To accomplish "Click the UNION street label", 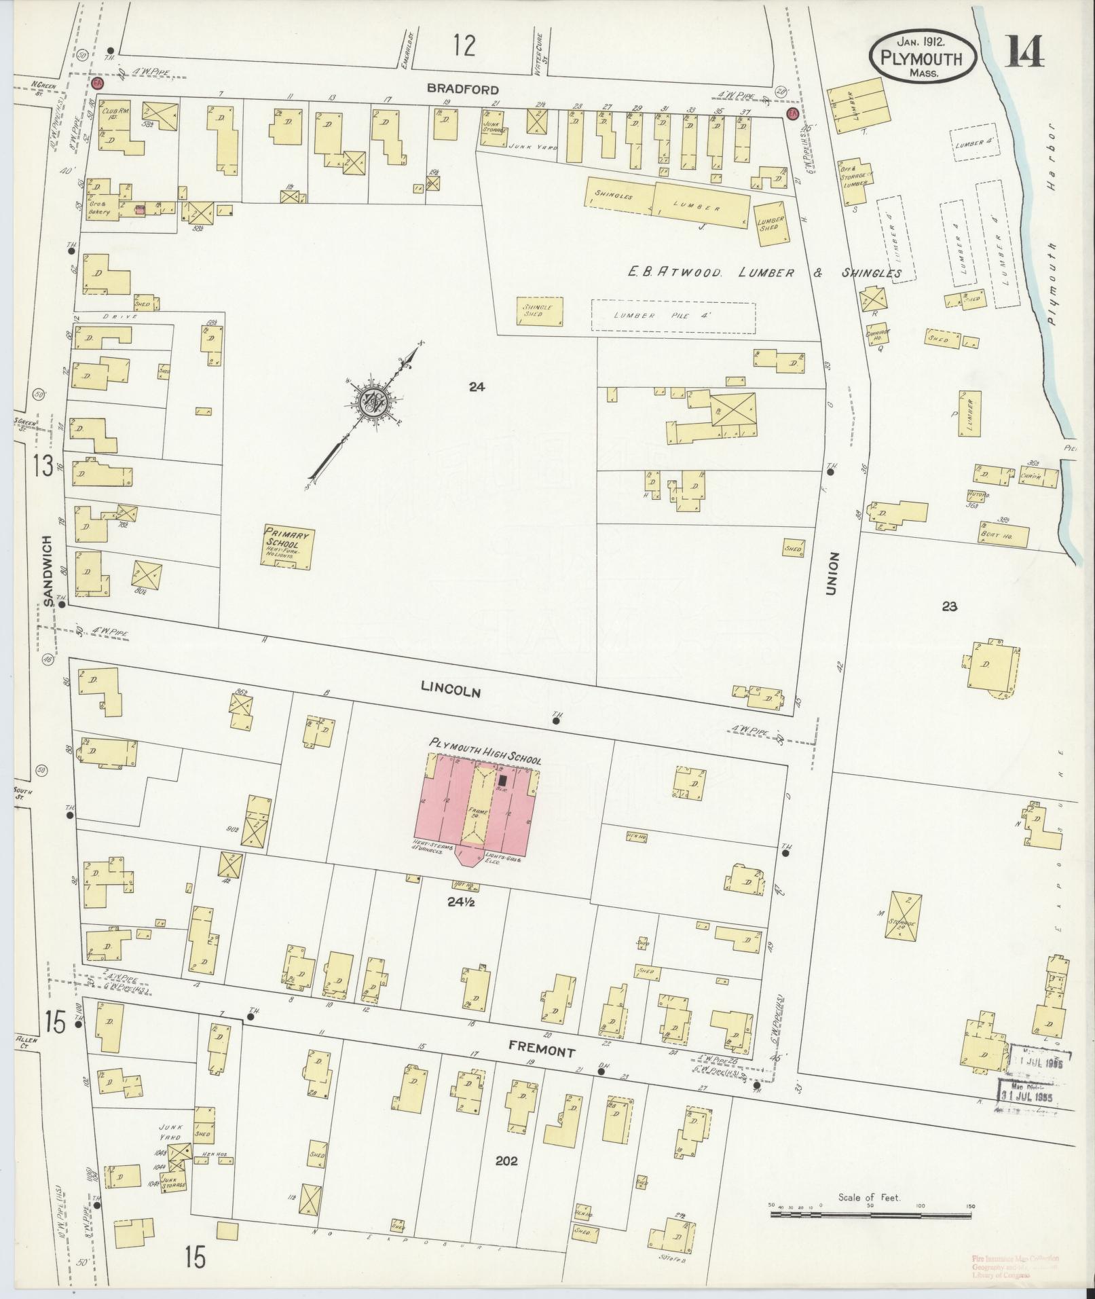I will pos(833,574).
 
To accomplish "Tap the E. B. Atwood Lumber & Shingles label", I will pos(764,273).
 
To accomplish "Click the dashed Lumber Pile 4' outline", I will pos(673,317).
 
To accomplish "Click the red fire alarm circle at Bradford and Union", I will pos(791,113).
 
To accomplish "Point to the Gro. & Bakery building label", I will pos(99,208).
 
